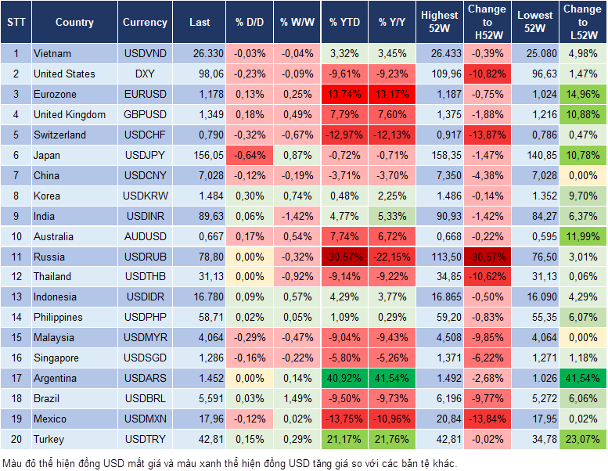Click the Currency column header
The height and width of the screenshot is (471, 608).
(x=145, y=23)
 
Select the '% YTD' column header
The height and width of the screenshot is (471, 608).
(x=344, y=23)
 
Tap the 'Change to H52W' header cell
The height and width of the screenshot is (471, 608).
(x=486, y=23)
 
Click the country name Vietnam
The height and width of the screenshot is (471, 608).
(x=52, y=53)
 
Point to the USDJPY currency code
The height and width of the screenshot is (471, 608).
(x=145, y=155)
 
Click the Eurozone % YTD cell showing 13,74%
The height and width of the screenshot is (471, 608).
(x=344, y=94)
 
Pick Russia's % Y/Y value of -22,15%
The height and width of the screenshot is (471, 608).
(x=393, y=257)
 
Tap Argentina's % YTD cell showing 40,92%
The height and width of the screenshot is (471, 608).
(x=344, y=378)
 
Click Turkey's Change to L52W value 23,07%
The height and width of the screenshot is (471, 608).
(x=582, y=439)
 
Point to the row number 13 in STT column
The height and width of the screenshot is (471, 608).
(x=15, y=297)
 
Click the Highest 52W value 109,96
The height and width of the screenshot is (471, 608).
(x=440, y=74)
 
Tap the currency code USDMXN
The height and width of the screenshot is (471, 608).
(x=145, y=419)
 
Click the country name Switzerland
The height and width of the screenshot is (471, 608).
(x=59, y=135)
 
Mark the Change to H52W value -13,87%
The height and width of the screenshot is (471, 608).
(x=486, y=135)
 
